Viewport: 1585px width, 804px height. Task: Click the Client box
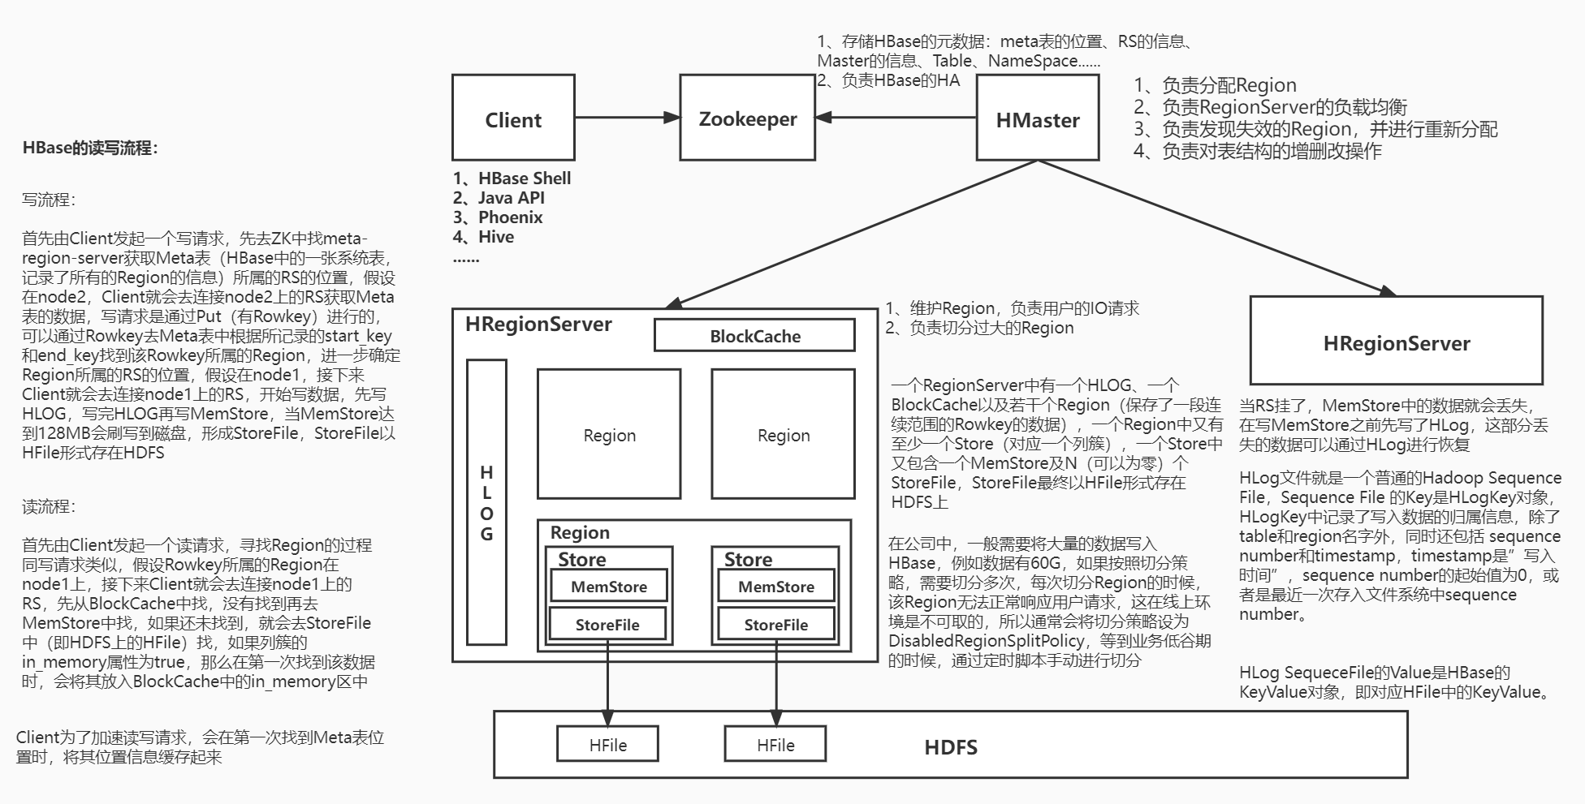pos(513,118)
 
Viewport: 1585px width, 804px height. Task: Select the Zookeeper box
pos(747,118)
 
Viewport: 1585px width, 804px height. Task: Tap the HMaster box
pos(1037,118)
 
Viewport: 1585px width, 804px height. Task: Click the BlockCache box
pos(754,335)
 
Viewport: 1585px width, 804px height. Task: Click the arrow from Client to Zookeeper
pos(627,118)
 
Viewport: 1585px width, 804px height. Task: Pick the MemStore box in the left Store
pos(608,586)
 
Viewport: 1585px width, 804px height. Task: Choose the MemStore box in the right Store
pos(775,586)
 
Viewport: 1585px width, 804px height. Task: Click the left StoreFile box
pos(607,624)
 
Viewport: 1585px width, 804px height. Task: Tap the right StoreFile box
pos(775,624)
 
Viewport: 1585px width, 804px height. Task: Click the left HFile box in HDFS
pos(607,744)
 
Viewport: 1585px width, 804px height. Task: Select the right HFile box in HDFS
pos(775,744)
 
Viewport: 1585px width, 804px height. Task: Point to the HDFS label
pos(950,747)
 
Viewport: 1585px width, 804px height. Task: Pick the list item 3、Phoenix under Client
pos(498,217)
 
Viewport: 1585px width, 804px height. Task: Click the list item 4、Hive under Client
pos(484,237)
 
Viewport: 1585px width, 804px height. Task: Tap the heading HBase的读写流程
pos(90,148)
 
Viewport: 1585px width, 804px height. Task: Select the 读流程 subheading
pos(49,507)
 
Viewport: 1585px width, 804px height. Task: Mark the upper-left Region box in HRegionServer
pos(609,434)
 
